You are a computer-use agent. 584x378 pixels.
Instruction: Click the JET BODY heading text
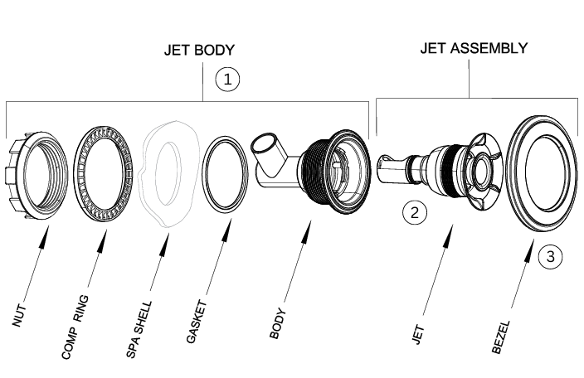pos(200,51)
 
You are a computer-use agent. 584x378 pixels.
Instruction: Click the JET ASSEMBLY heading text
pos(473,47)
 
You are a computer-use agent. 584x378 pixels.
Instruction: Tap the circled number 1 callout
pos(227,79)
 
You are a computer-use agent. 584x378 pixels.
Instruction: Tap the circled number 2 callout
pos(415,212)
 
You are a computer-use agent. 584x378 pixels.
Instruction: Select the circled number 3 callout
pos(550,256)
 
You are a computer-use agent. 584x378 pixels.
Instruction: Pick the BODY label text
pos(279,325)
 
